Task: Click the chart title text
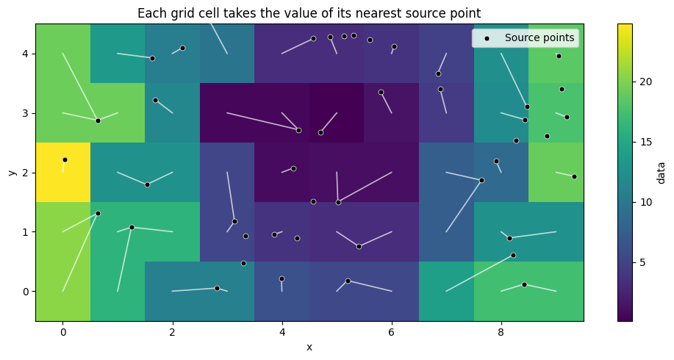[309, 12]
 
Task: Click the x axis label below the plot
[309, 347]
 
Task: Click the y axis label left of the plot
[12, 173]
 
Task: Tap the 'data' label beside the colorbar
[661, 172]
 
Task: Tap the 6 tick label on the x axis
[392, 332]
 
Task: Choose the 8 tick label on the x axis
[501, 332]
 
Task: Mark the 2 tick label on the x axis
[172, 332]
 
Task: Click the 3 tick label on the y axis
[25, 113]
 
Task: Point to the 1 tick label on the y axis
[25, 232]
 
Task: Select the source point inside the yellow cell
[65, 159]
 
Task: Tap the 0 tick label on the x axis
[62, 332]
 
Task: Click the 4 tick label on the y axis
[25, 54]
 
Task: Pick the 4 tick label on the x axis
[282, 332]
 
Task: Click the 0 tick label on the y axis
[25, 292]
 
